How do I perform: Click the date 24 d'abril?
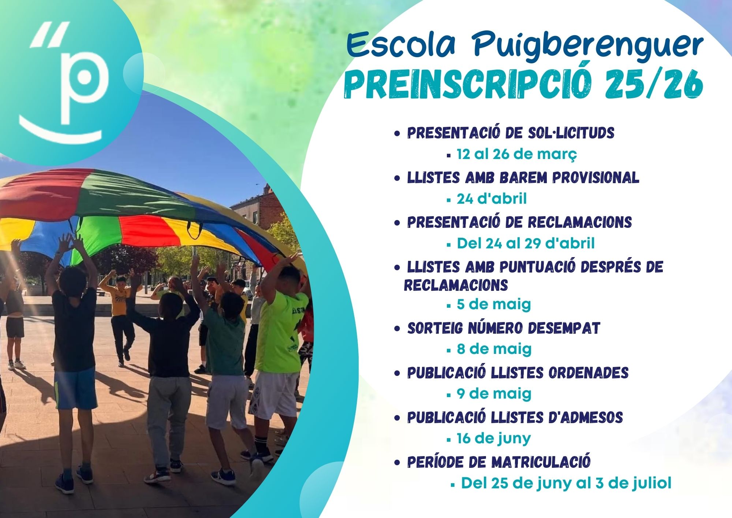pos(492,199)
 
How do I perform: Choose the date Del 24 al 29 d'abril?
pos(526,243)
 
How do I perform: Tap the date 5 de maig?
pos(494,304)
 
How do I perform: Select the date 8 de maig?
pos(494,349)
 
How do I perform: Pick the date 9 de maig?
pos(494,394)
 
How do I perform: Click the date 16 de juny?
pos(493,439)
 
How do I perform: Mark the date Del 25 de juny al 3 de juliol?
pos(566,483)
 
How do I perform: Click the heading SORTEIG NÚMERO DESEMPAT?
pos(504,328)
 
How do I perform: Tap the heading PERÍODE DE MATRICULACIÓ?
pos(499,462)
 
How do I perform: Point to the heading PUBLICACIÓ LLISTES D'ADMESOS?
pos(515,417)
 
